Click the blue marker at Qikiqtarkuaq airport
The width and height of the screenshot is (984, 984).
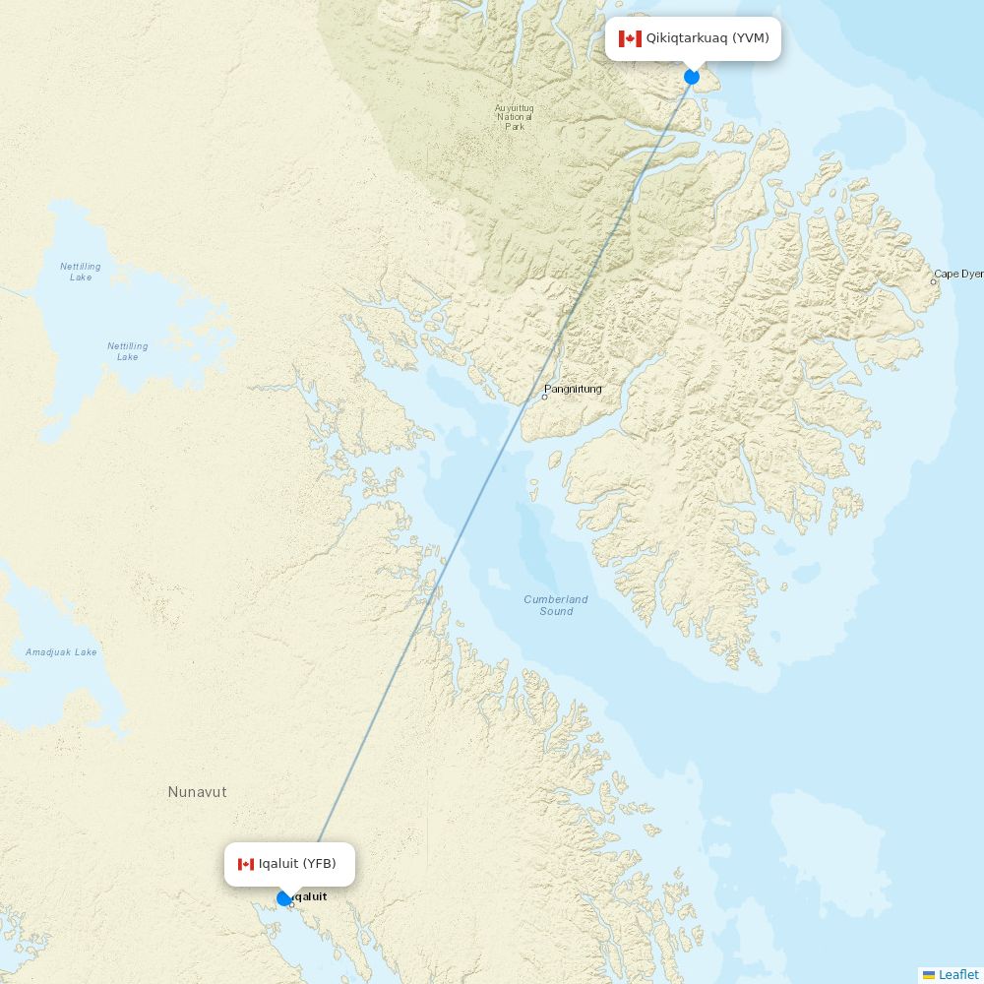[692, 77]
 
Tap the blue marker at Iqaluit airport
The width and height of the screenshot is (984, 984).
[283, 898]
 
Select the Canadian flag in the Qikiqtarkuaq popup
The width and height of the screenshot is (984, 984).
[630, 39]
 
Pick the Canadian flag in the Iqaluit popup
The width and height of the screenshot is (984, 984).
[246, 864]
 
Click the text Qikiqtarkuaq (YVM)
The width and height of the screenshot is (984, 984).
[707, 38]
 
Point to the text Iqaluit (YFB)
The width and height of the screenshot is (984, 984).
[297, 864]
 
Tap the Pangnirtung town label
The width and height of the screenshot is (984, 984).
[574, 389]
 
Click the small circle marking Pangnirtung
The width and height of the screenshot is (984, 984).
[544, 397]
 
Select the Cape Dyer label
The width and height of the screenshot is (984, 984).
[957, 274]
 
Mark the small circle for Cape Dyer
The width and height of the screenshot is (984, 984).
[934, 281]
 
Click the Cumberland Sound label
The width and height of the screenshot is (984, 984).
[556, 605]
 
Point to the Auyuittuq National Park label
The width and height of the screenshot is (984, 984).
[515, 117]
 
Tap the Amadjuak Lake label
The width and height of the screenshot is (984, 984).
[61, 652]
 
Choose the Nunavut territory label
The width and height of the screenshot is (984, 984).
[197, 792]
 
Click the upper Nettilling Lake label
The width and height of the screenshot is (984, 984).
[81, 272]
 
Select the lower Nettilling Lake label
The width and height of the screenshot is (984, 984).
[128, 351]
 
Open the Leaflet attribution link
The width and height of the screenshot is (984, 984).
[958, 975]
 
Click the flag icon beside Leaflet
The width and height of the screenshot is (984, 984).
[929, 975]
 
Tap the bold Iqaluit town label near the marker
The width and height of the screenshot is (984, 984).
[311, 896]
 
